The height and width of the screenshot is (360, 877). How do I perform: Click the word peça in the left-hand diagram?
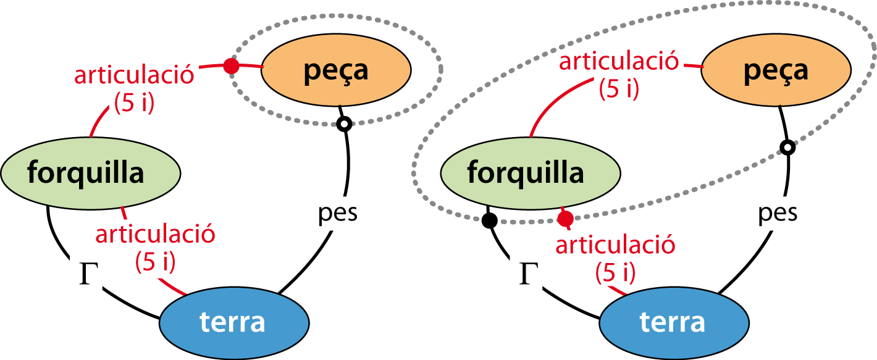click(335, 70)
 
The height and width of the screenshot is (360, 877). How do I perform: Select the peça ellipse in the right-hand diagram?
click(776, 70)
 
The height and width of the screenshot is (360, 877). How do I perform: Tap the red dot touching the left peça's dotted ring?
click(231, 65)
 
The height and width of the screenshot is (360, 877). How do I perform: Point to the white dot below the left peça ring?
click(344, 124)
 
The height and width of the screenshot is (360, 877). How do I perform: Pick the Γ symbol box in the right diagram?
click(526, 272)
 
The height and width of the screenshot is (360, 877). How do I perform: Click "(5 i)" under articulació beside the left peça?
click(134, 101)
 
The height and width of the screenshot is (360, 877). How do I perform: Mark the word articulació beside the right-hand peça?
click(619, 62)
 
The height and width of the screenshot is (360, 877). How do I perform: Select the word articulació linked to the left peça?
click(134, 75)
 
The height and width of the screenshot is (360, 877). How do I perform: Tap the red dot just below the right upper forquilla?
click(565, 219)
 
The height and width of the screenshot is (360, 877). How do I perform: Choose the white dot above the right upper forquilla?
click(787, 147)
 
